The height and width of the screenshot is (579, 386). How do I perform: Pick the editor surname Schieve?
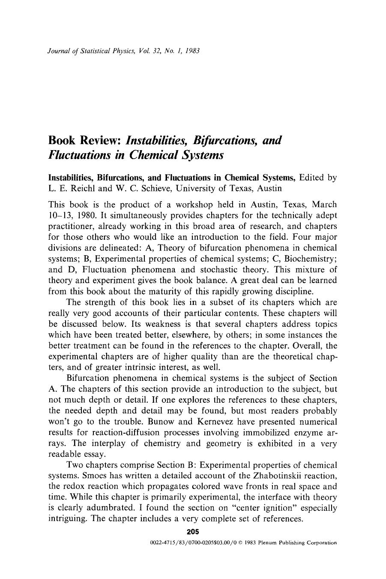tap(144, 188)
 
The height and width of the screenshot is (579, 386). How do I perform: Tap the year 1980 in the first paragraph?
tap(87, 215)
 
